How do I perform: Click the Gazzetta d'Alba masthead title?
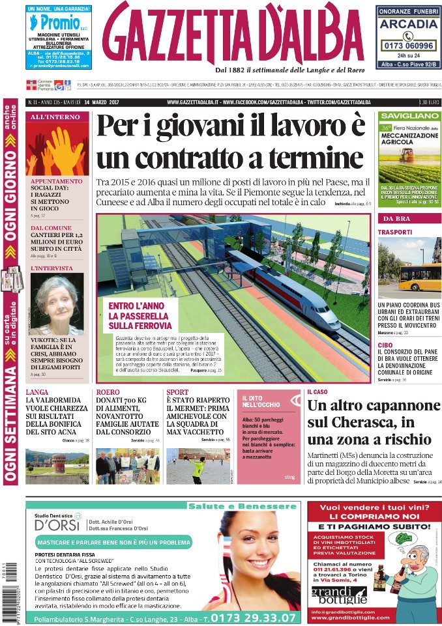coord(233,34)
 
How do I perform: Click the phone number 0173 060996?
coord(409,46)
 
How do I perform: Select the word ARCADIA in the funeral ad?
coord(408,24)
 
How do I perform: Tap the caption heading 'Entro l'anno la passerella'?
coord(139,316)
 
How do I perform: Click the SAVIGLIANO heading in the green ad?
coord(409,116)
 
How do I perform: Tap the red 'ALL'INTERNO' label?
coord(57,117)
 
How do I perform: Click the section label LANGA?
coord(37,392)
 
